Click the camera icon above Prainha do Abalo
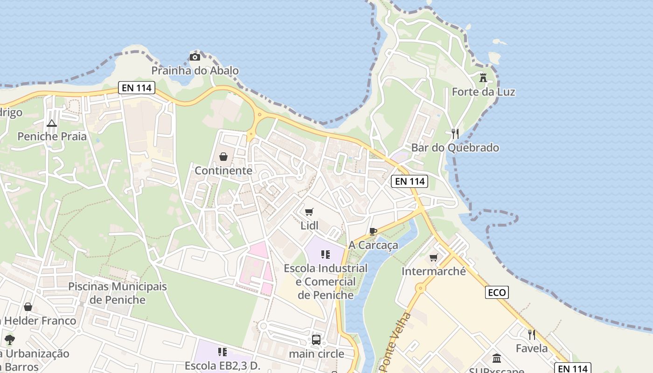(195, 57)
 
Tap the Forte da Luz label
(483, 92)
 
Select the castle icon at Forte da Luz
(483, 78)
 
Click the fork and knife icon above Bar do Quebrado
(455, 134)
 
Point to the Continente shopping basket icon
(223, 157)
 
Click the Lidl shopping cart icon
(309, 212)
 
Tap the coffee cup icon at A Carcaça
(373, 231)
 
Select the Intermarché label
(433, 271)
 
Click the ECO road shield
(497, 292)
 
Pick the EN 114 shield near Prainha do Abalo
(136, 87)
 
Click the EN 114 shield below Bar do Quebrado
(410, 181)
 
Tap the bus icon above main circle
(316, 339)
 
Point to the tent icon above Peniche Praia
(51, 123)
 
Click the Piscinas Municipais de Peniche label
(118, 293)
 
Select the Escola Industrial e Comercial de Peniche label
(326, 282)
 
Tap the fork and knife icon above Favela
(531, 334)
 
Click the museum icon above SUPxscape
(497, 359)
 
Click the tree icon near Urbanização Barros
(9, 339)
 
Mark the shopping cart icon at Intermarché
(434, 257)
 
